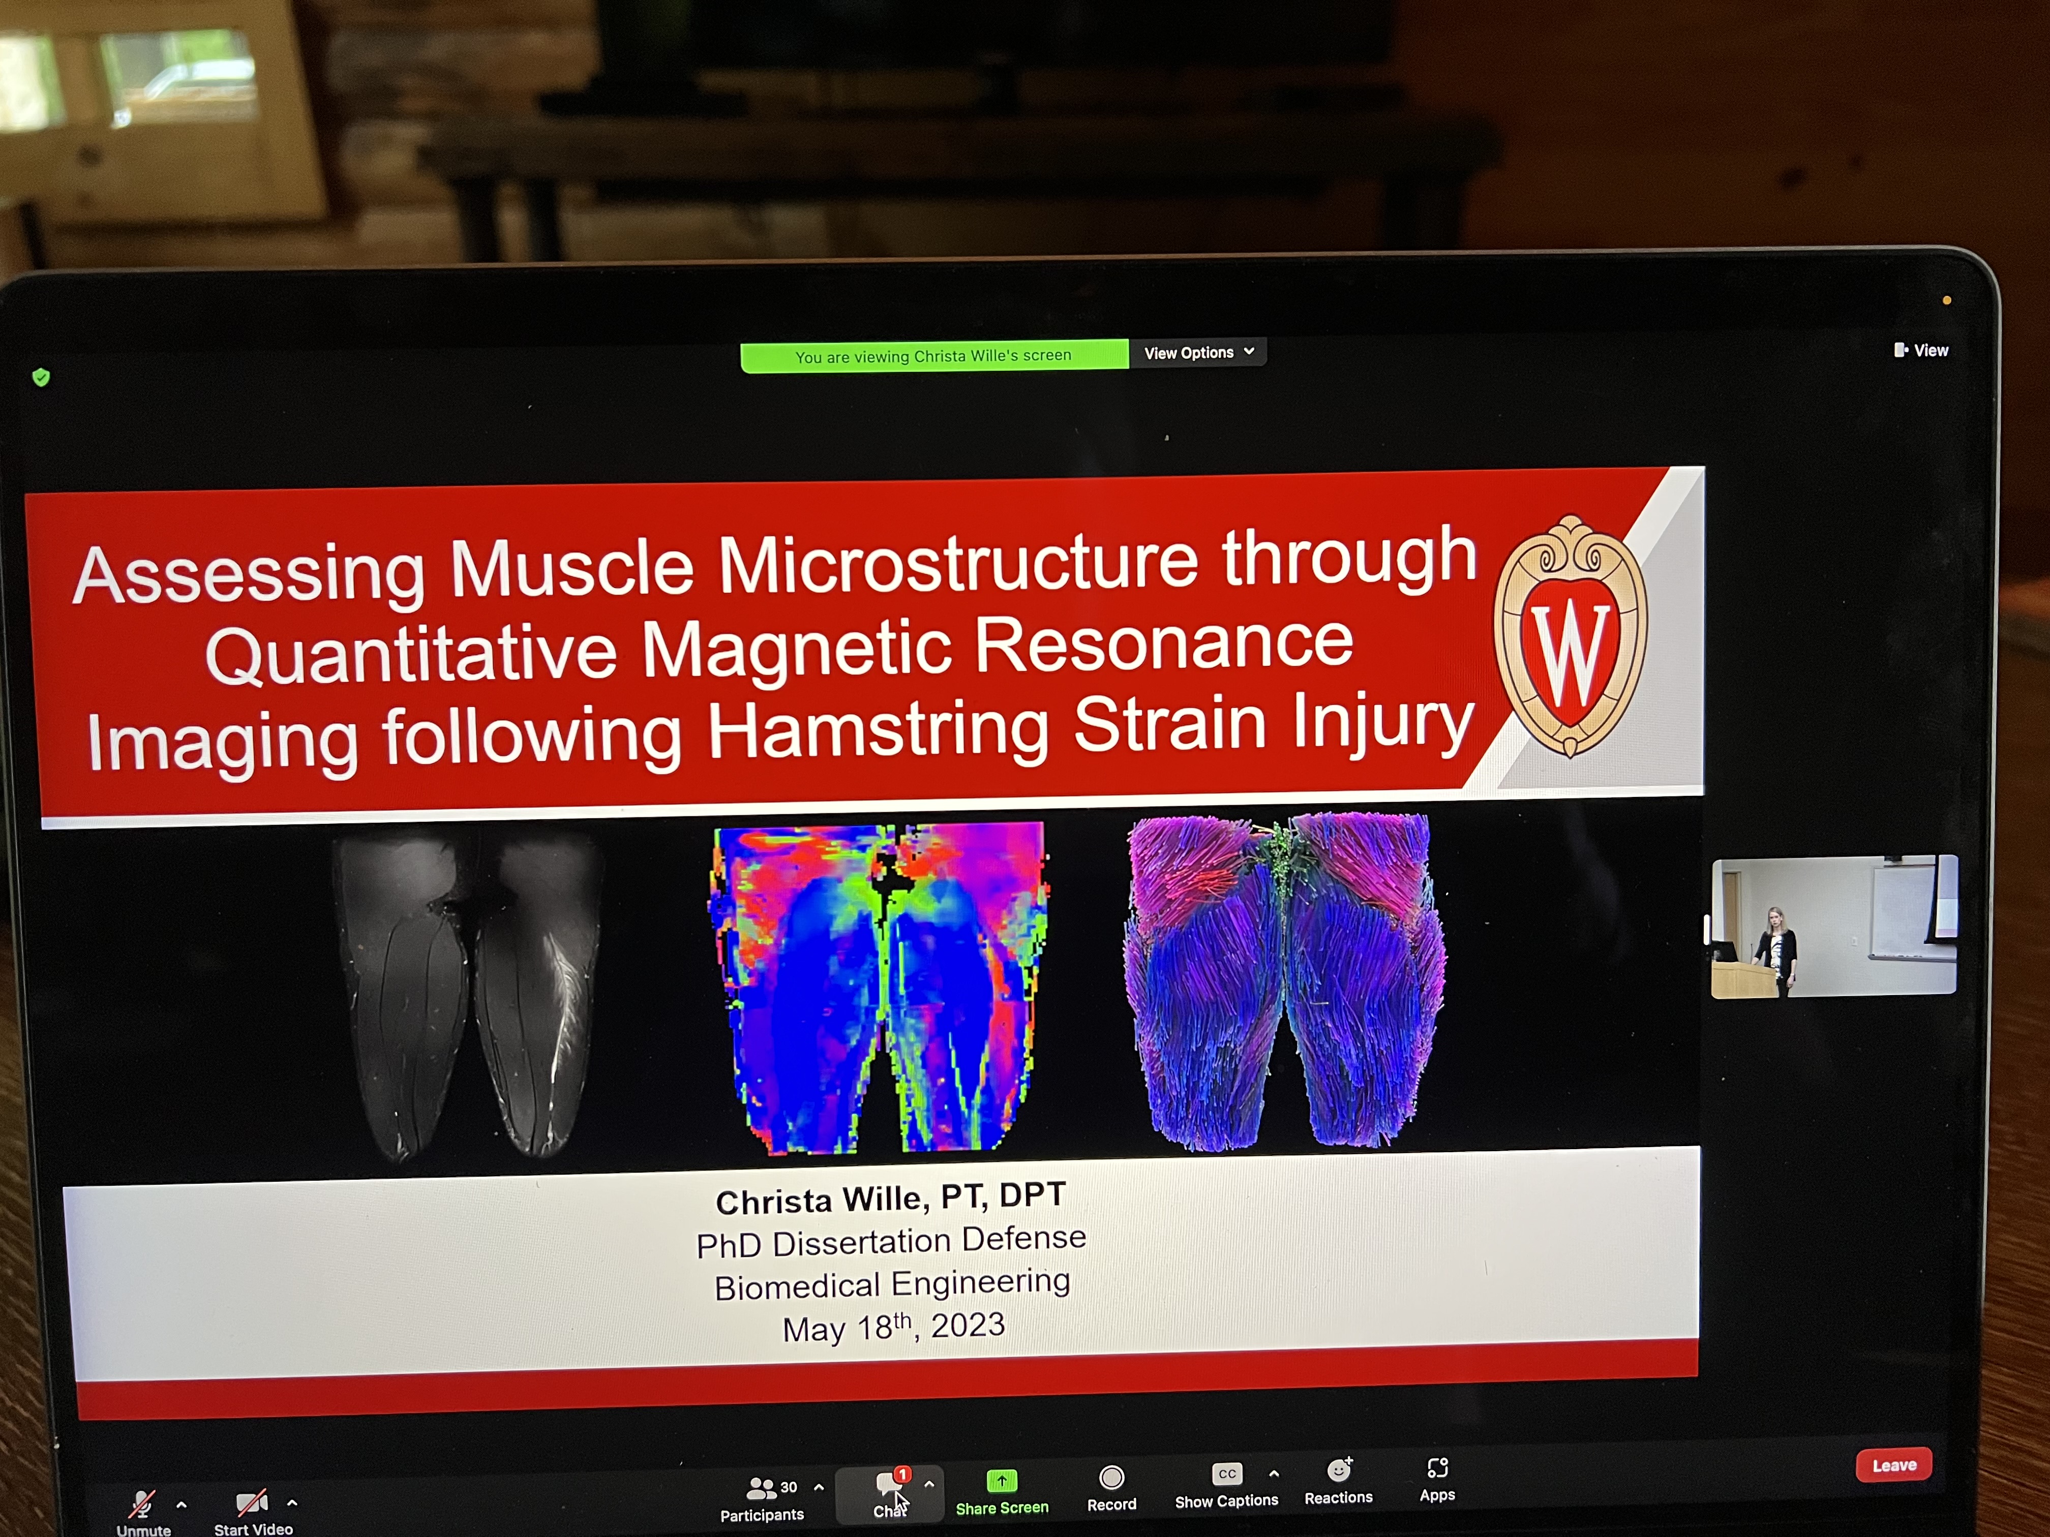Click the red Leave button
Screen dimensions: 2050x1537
pyautogui.click(x=1893, y=1465)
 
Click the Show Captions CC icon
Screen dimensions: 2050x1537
pyautogui.click(x=1226, y=1473)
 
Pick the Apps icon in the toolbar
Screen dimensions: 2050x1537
pyautogui.click(x=1437, y=1467)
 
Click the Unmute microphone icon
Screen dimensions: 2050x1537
pyautogui.click(x=142, y=1503)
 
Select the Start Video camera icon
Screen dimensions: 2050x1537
pyautogui.click(x=252, y=1502)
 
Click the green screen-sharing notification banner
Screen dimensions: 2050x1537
pyautogui.click(x=934, y=356)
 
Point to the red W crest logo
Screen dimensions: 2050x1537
pyautogui.click(x=1571, y=636)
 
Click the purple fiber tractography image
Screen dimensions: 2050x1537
pyautogui.click(x=1284, y=982)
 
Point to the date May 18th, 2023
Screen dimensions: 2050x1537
pyautogui.click(x=893, y=1327)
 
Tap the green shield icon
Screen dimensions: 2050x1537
pyautogui.click(x=41, y=377)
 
